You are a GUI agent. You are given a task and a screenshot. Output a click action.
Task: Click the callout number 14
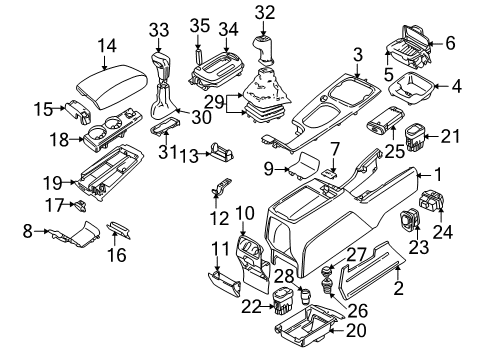pyautogui.click(x=106, y=45)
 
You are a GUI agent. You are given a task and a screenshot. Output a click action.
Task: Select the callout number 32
pyautogui.click(x=264, y=13)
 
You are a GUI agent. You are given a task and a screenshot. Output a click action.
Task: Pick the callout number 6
pyautogui.click(x=449, y=42)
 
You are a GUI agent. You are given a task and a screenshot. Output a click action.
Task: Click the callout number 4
pyautogui.click(x=456, y=86)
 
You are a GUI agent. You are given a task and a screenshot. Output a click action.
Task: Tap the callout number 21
pyautogui.click(x=451, y=135)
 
